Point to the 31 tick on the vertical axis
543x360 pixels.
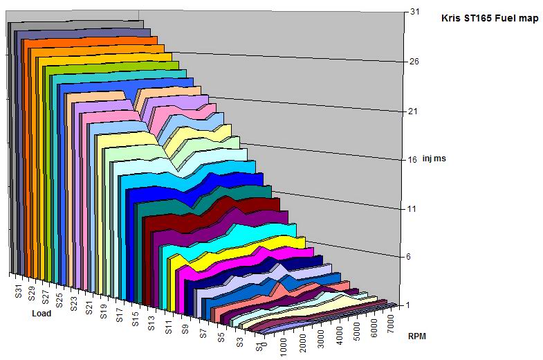click(414, 12)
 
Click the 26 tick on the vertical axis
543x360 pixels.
click(414, 62)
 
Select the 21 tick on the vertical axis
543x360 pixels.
click(414, 111)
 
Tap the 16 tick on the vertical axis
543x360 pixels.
click(413, 159)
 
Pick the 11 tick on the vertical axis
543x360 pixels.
click(412, 208)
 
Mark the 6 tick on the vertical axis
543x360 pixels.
click(412, 257)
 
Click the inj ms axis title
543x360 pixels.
click(434, 159)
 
